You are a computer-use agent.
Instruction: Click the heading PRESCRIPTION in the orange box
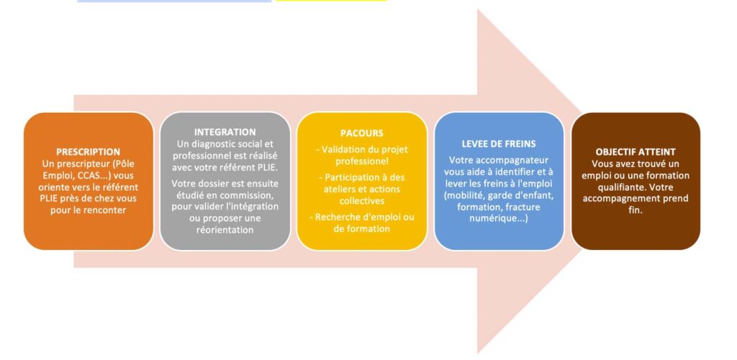click(x=89, y=152)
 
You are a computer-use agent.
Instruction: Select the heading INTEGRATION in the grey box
click(x=225, y=132)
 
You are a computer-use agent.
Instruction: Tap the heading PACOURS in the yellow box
click(x=361, y=133)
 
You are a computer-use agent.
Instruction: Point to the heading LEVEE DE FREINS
click(x=499, y=144)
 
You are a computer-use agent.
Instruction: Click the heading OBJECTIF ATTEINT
click(x=636, y=152)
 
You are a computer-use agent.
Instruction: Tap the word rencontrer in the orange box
click(x=110, y=210)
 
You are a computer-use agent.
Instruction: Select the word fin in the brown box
click(x=636, y=210)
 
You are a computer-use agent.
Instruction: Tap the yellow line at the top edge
click(x=331, y=1)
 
